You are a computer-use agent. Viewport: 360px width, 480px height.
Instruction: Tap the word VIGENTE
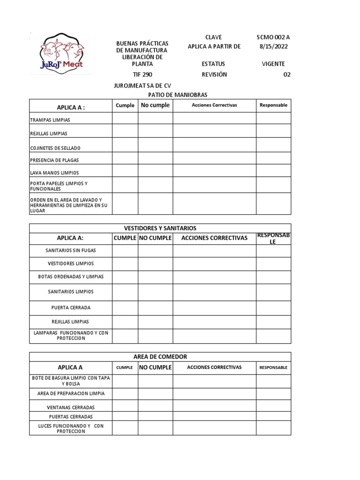tap(273, 64)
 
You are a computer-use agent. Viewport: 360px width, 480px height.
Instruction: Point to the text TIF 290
tap(142, 75)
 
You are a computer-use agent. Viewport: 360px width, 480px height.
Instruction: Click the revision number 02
tap(287, 75)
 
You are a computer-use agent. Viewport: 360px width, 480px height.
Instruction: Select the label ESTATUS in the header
tap(213, 64)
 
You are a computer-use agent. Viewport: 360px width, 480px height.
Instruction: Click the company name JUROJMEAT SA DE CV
tap(143, 86)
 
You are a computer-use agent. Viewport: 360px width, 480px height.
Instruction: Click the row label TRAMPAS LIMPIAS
tap(50, 120)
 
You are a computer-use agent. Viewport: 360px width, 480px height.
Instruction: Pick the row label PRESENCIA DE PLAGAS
tap(54, 160)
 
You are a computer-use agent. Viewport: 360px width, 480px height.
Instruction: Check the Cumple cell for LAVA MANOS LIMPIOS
tap(125, 171)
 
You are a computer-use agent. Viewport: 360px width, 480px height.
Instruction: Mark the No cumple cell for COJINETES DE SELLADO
tap(155, 144)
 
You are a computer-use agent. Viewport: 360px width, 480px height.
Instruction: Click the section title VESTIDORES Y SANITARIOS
tap(160, 228)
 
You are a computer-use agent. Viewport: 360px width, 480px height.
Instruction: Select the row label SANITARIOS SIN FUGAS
tap(71, 251)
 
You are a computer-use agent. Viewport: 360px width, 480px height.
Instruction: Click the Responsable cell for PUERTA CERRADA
tap(273, 308)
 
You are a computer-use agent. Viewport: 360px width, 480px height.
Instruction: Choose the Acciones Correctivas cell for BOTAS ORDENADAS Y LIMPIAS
tap(214, 277)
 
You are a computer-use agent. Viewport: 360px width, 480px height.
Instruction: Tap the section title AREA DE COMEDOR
tap(160, 357)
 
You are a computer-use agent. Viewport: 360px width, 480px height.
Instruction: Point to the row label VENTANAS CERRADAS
tap(71, 407)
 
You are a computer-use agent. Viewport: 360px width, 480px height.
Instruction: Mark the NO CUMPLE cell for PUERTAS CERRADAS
tap(155, 416)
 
